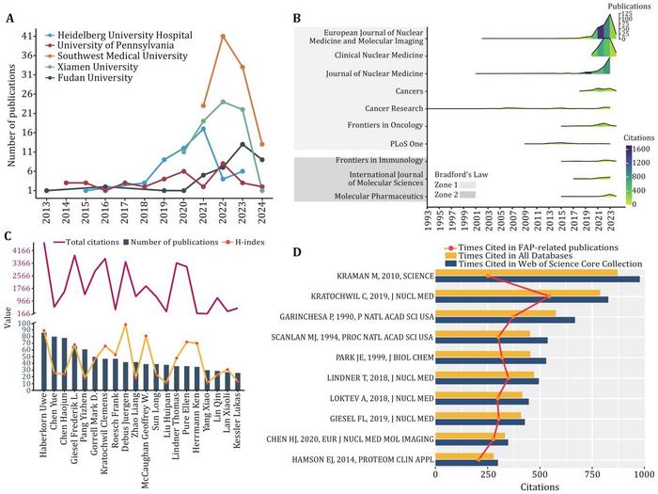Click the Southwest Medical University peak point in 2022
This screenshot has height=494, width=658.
pos(223,36)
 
